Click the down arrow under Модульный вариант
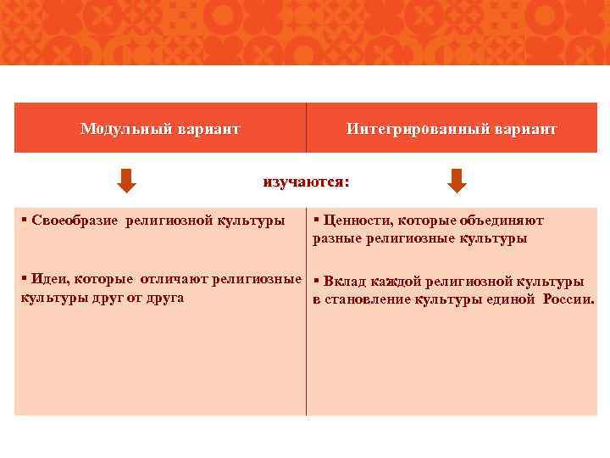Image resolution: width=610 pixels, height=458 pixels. (126, 181)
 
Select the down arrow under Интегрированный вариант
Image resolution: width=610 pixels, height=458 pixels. (457, 181)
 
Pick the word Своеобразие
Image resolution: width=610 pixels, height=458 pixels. (75, 221)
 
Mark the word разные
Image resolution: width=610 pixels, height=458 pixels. (337, 238)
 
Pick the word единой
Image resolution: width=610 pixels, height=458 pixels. (509, 299)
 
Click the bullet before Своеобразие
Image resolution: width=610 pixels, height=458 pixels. (25, 221)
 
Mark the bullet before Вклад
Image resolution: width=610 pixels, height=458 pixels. (316, 282)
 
